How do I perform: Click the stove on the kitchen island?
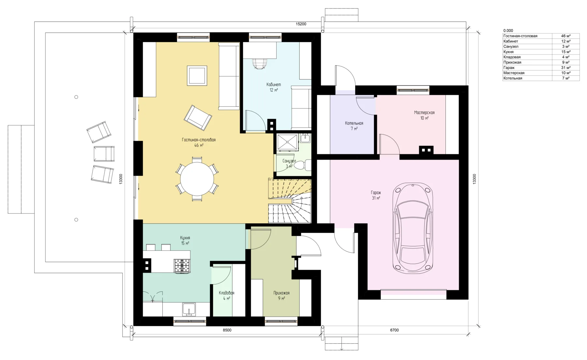coord(182,265)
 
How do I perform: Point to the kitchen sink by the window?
coord(189,309)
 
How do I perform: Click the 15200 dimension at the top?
coord(301,24)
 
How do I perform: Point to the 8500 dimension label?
coord(227,330)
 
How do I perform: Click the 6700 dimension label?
coord(394,330)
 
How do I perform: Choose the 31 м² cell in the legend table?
coord(566,68)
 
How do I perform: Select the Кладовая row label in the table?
coord(512,57)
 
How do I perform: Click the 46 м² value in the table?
coord(566,36)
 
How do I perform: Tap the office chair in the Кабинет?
coord(260,63)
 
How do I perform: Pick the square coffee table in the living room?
coord(197,76)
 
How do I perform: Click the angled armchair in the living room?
coord(198,117)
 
